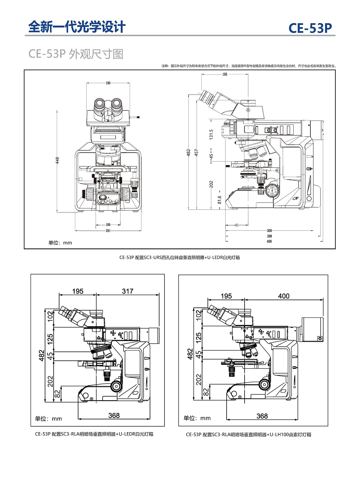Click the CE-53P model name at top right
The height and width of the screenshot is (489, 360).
(x=310, y=28)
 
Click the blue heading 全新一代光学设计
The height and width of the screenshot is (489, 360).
(x=77, y=27)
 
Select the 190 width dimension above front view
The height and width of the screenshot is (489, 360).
(x=108, y=83)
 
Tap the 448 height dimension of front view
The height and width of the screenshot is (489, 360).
(x=57, y=160)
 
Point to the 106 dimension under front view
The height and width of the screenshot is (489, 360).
(x=108, y=224)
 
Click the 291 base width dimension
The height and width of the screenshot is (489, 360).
(x=108, y=231)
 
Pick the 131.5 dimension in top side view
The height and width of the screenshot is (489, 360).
(x=211, y=134)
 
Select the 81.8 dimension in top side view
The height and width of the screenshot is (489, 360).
(x=220, y=199)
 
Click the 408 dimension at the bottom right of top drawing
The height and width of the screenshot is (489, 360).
(x=269, y=241)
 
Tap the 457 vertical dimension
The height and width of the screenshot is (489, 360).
(x=196, y=153)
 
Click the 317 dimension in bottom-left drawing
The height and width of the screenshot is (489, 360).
(x=128, y=291)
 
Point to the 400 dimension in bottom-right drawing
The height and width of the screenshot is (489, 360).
(x=284, y=296)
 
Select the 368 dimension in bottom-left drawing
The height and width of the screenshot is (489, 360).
(x=114, y=416)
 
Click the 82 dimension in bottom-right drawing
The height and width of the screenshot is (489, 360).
(x=206, y=392)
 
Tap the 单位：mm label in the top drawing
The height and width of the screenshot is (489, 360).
(x=60, y=243)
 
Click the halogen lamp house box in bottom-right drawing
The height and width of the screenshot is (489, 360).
(x=312, y=329)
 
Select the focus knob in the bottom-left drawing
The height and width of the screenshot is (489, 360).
(x=116, y=386)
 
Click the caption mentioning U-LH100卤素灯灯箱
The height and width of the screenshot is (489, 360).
(x=248, y=435)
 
